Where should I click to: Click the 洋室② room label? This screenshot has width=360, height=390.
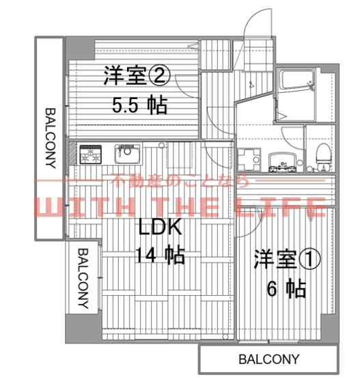pos(137,76)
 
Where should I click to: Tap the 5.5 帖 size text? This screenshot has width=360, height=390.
pos(139,105)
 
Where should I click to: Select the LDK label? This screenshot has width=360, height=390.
pos(160,227)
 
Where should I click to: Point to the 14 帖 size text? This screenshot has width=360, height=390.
pos(160,255)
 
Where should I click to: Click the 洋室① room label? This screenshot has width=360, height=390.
pos(287,260)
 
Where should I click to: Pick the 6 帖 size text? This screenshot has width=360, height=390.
pos(286,289)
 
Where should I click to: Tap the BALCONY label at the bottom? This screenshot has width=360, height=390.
pos(268,359)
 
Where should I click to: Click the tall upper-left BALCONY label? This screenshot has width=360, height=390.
pos(51,138)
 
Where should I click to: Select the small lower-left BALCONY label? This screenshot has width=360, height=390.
pos(83,278)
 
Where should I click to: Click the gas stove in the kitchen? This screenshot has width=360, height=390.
pos(91,155)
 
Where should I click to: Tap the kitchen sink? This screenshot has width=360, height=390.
pos(128,154)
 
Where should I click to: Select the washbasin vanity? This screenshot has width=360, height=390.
pos(283,162)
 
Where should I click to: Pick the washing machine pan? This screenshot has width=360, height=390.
pos(249,160)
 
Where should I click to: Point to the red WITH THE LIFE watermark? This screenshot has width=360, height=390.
pos(180,206)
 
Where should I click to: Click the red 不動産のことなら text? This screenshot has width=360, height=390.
pos(180,180)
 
